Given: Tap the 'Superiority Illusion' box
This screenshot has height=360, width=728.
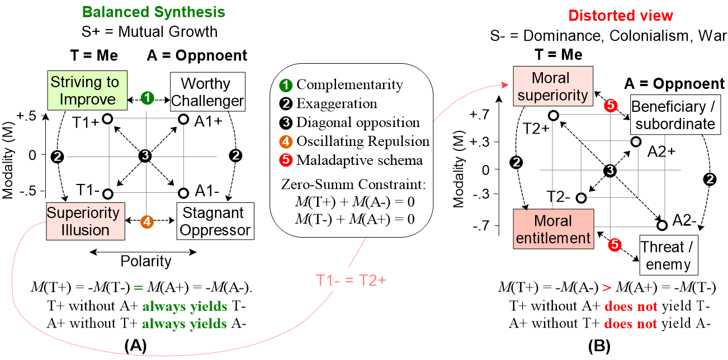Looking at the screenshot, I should pos(83,221).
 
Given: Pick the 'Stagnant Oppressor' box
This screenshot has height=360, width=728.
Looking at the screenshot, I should pos(214,221).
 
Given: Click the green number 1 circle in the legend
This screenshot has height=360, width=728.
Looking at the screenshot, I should pos(285,85).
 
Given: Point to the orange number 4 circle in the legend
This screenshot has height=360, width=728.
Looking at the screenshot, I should pos(285,141).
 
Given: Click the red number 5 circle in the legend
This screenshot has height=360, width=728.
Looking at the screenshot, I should pos(285,160).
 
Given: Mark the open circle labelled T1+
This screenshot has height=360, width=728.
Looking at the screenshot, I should pos(108,119).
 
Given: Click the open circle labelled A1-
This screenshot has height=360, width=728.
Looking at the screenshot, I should pos(183,193).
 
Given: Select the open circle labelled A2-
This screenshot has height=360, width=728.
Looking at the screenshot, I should pos(662,225).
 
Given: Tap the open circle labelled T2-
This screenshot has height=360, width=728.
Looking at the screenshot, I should pos(582,197).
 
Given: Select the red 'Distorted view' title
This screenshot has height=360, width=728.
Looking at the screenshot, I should pos(621,16).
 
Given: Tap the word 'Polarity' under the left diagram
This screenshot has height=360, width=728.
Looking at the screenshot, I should pos(146,261).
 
